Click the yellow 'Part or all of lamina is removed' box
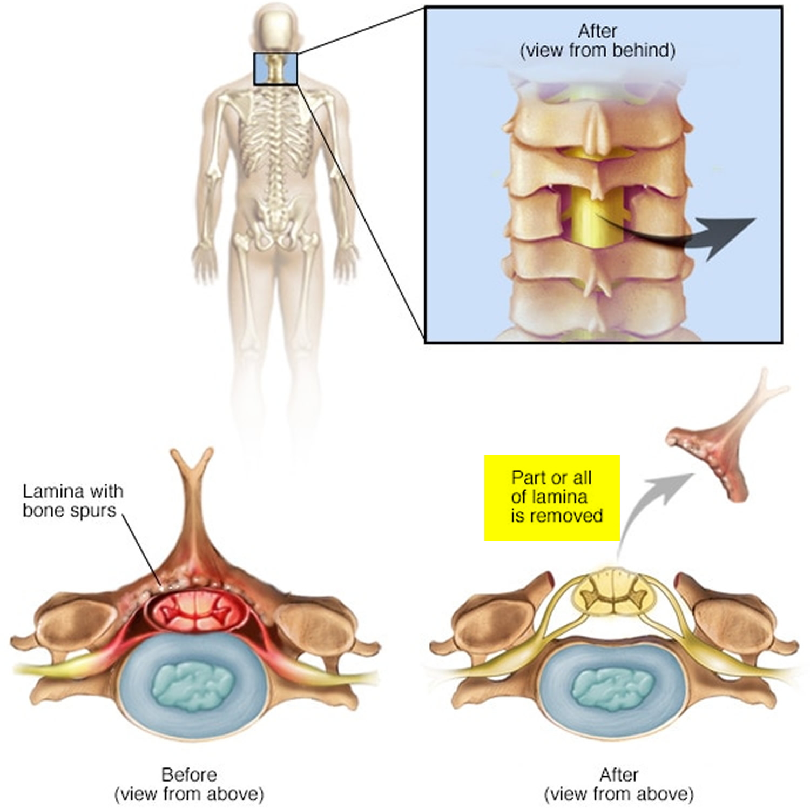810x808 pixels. [552, 498]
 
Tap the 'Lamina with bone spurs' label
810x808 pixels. [73, 501]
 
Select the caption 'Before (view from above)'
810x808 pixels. [189, 784]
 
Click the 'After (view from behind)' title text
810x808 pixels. [597, 41]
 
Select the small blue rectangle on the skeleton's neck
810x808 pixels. [275, 69]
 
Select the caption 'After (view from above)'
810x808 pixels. [619, 784]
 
